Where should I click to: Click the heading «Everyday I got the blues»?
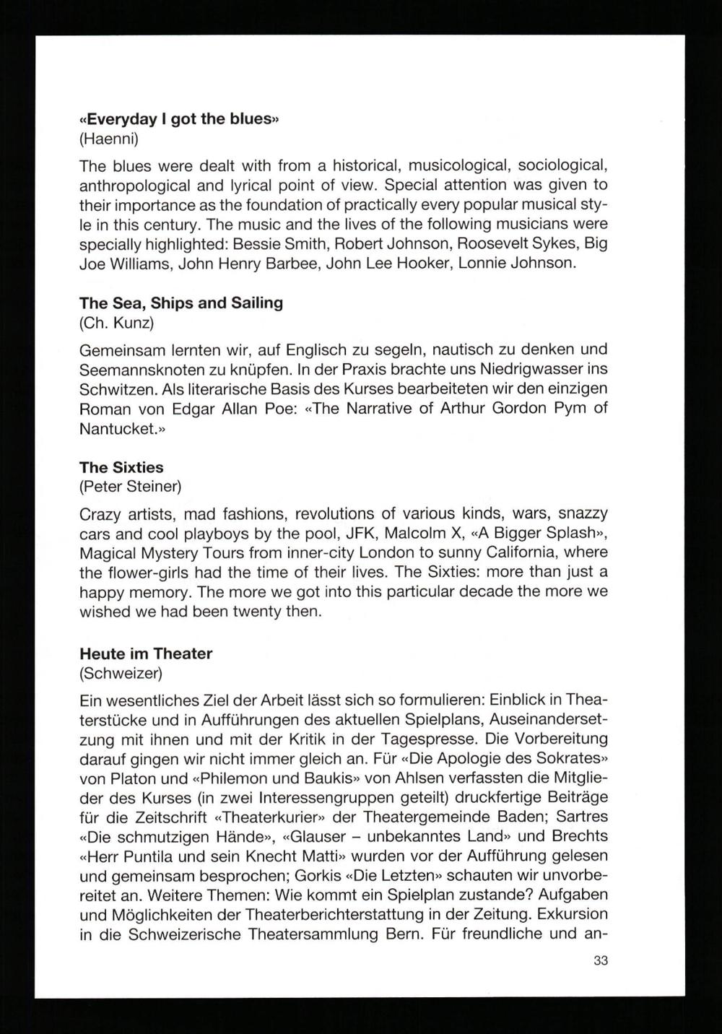click(x=178, y=118)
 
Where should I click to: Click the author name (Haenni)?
click(x=108, y=138)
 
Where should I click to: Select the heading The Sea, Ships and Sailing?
click(x=180, y=303)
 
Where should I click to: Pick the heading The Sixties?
click(x=121, y=467)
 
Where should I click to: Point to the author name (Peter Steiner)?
click(x=130, y=487)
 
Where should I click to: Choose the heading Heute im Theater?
click(x=145, y=653)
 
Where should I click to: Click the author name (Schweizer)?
click(x=121, y=674)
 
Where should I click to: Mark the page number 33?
click(x=601, y=960)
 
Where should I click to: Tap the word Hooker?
click(x=435, y=262)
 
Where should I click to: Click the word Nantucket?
click(x=118, y=428)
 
